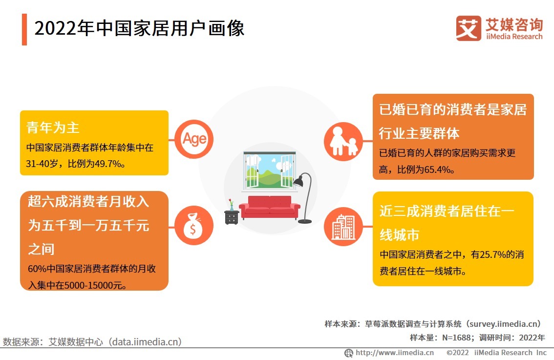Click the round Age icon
(x=194, y=139)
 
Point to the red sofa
(x=269, y=207)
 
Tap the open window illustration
(x=269, y=170)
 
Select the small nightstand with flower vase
(x=232, y=213)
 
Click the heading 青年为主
(x=53, y=128)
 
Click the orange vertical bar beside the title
(x=24, y=29)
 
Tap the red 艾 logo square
(x=468, y=28)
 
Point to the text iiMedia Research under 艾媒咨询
(x=514, y=37)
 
